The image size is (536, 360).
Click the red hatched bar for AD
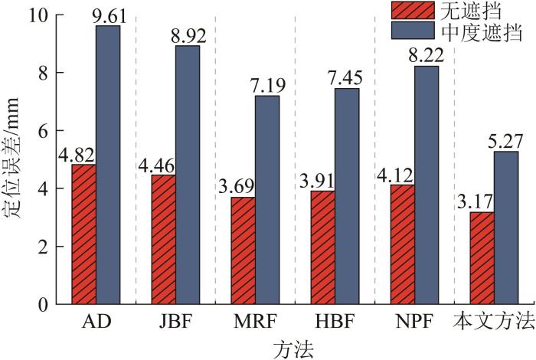[84, 234]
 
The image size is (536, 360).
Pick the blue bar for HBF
[346, 196]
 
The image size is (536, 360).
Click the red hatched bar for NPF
[402, 244]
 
